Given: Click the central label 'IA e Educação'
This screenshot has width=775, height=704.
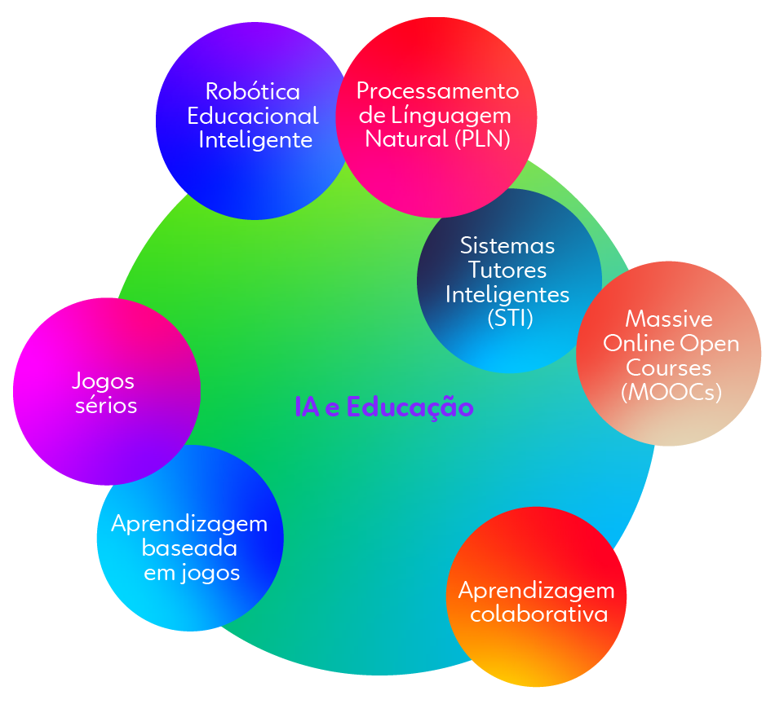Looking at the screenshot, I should [x=383, y=407].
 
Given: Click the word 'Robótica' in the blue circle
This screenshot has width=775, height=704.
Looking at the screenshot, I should [x=253, y=91].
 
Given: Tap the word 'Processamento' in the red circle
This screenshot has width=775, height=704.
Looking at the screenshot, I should [x=437, y=90].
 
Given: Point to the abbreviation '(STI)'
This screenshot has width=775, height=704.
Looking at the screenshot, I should [x=510, y=318].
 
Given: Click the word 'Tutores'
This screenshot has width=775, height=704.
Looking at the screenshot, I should [x=507, y=269].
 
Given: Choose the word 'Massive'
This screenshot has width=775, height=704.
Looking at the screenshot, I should [x=668, y=319].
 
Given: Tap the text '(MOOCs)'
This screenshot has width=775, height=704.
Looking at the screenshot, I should [x=671, y=392].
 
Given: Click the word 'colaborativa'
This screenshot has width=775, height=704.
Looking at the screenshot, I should [x=539, y=614].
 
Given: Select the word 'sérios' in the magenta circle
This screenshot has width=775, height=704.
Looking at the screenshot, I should [x=106, y=405].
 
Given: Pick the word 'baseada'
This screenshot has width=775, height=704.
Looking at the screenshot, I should [x=190, y=548].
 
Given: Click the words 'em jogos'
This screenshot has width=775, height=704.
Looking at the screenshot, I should [x=192, y=573].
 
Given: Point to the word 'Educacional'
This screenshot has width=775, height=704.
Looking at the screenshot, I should [x=253, y=116].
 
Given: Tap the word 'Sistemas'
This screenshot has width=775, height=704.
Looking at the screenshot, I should [x=507, y=245].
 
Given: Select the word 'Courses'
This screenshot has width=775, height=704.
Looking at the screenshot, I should [x=670, y=367].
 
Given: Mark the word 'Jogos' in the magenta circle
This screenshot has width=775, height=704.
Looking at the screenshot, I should [x=103, y=381].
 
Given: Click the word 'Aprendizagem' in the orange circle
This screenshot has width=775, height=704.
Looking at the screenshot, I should [x=536, y=589].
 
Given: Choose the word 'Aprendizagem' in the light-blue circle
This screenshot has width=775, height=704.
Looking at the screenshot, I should [x=189, y=523].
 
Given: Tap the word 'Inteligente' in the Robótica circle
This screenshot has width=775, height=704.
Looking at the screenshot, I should [x=255, y=140].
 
